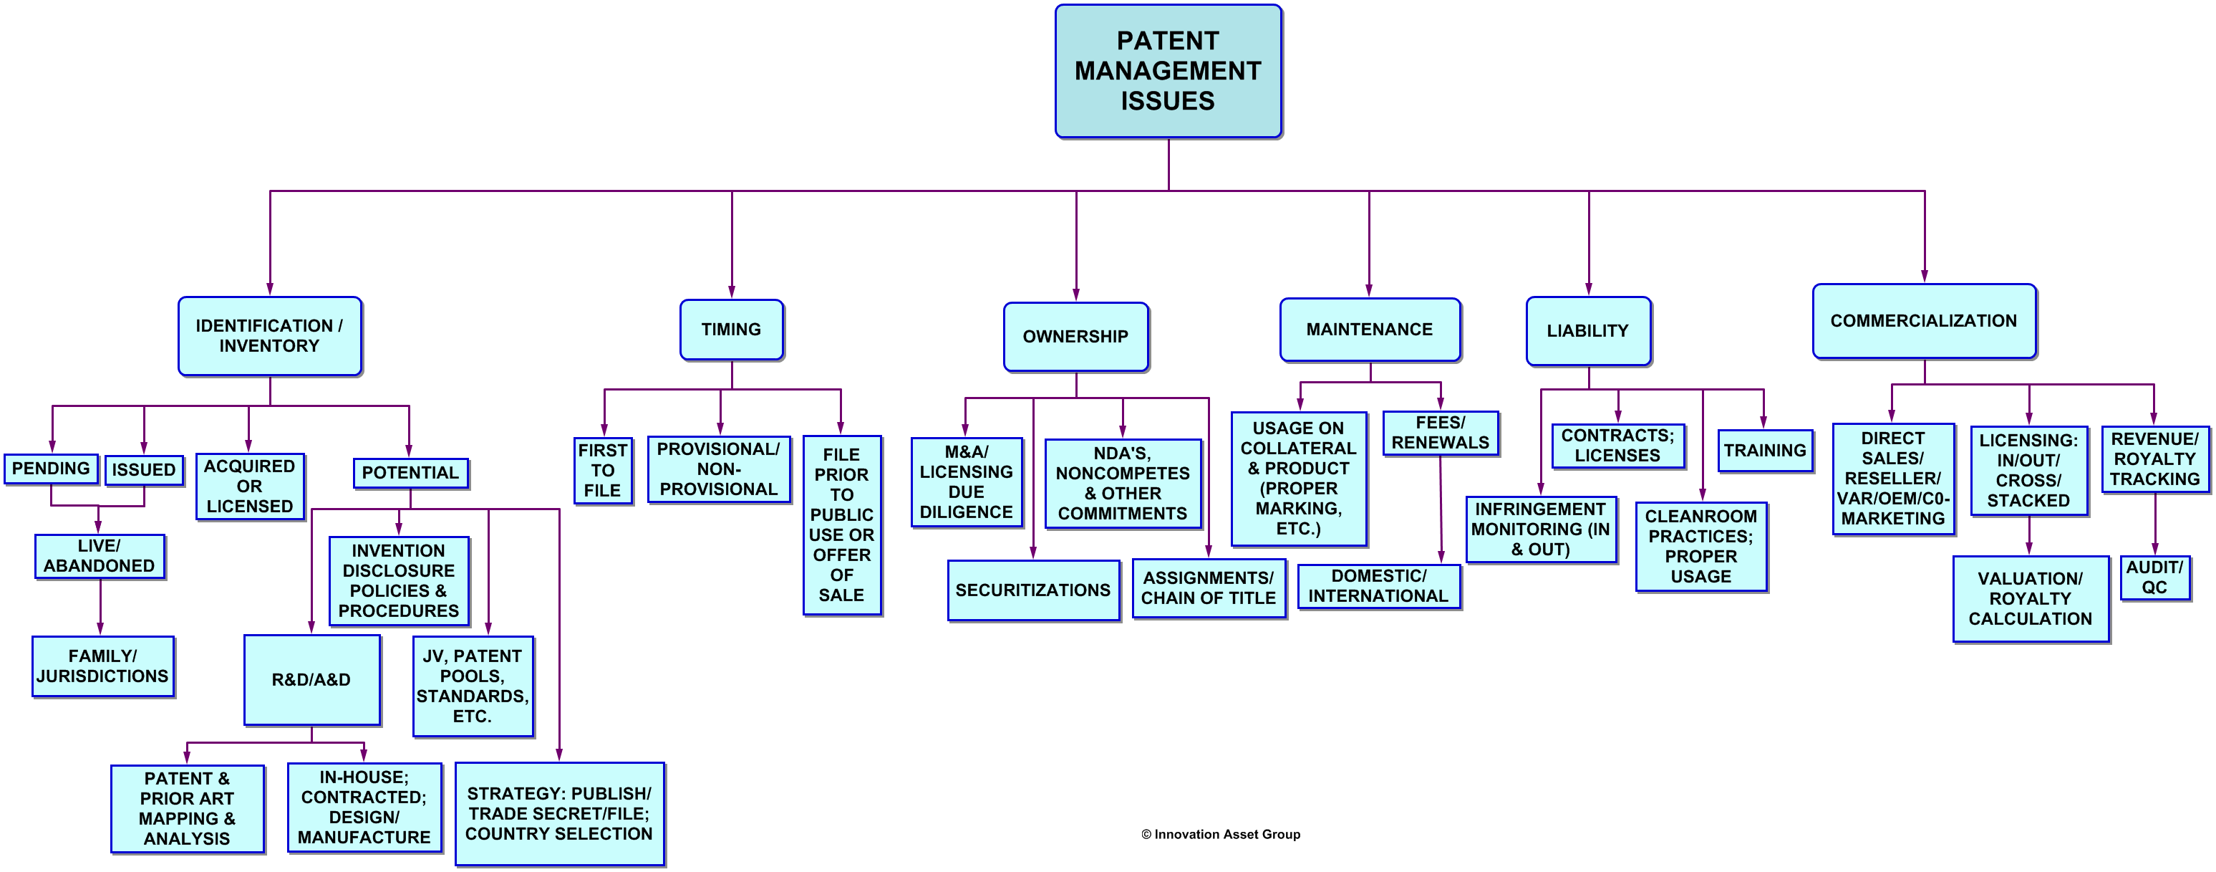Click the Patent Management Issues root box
[1169, 71]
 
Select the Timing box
[731, 330]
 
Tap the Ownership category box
[1075, 337]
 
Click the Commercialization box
[1923, 321]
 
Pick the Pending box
[51, 469]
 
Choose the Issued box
[144, 470]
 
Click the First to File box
[603, 471]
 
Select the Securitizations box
[1033, 590]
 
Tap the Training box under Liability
[1765, 451]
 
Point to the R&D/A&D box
[311, 680]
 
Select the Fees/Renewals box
[1440, 433]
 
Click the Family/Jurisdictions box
[102, 666]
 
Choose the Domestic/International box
[1378, 586]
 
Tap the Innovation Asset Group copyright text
[1221, 834]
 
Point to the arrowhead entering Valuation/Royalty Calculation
[2028, 547]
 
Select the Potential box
[410, 474]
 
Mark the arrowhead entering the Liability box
[1588, 289]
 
